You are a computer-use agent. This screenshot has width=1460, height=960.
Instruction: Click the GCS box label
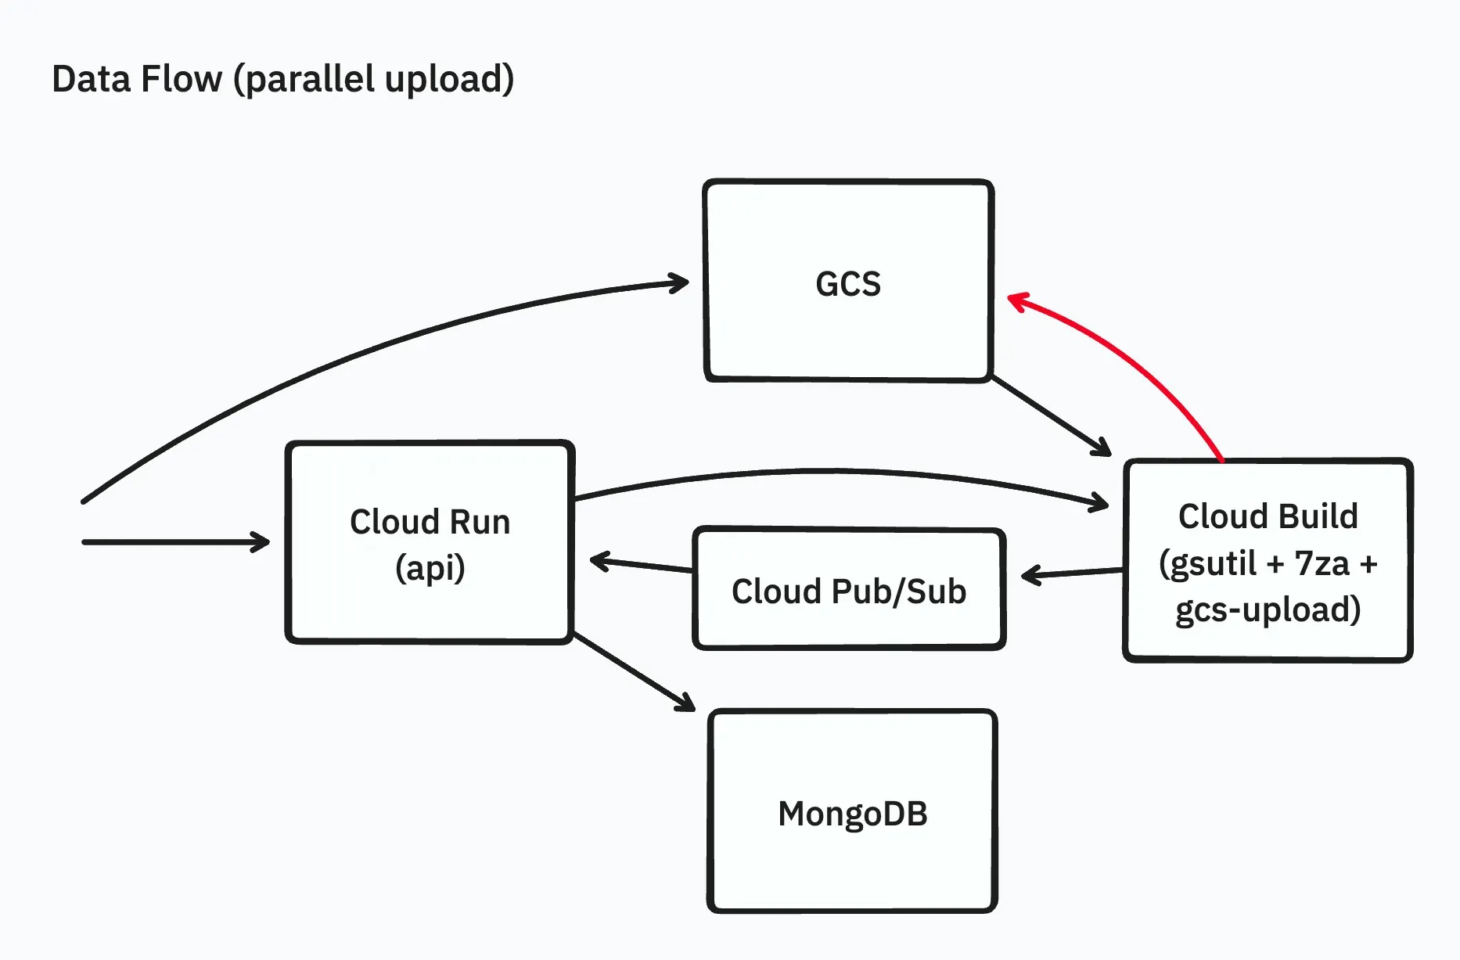[x=848, y=284]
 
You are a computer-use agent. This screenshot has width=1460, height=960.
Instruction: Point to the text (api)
[x=430, y=568]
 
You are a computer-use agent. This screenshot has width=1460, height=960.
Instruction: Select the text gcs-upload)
[x=1268, y=610]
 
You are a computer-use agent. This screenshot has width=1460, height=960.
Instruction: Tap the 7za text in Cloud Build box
[x=1322, y=563]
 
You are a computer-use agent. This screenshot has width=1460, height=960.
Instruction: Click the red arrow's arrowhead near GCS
[x=1016, y=300]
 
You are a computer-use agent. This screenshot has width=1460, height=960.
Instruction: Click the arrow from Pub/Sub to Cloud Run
[x=642, y=565]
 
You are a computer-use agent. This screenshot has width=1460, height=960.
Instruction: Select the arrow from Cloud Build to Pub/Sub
[x=1072, y=574]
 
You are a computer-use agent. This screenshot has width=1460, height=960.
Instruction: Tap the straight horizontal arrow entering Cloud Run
[x=176, y=541]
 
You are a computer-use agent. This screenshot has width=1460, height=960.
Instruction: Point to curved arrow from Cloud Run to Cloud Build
[x=837, y=472]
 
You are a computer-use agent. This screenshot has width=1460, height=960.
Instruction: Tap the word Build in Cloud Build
[x=1318, y=516]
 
